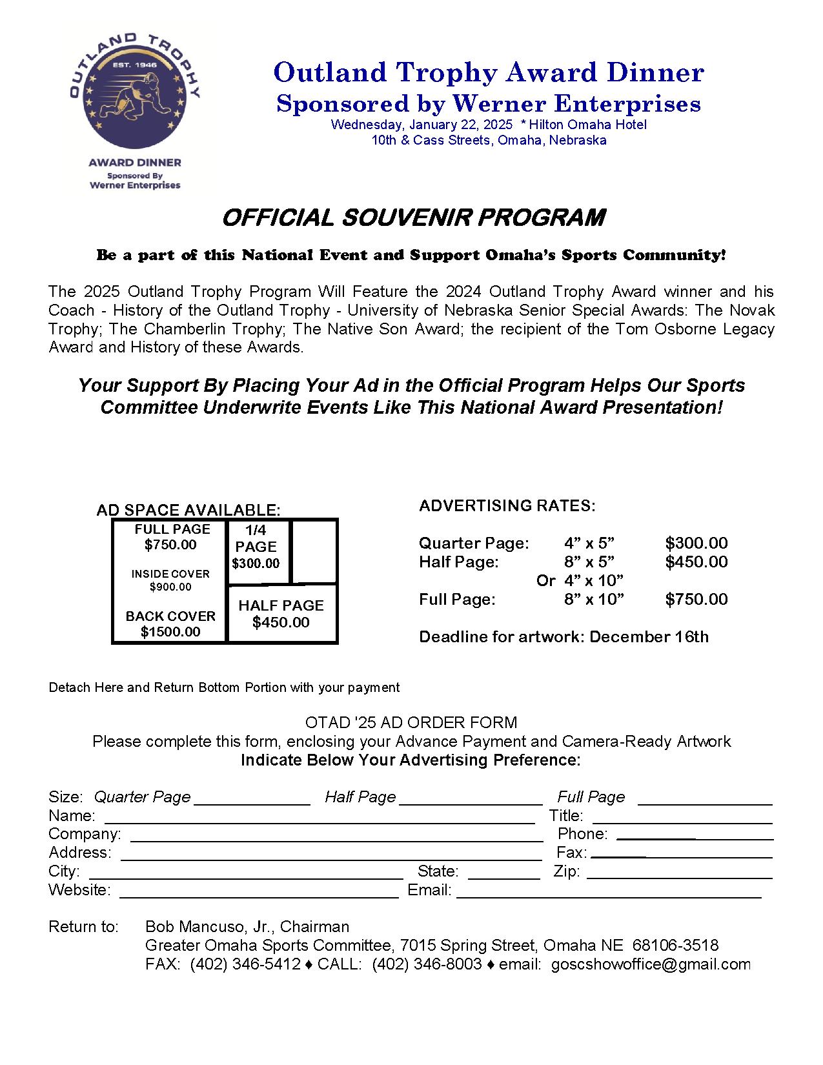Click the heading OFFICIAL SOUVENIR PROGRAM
[413, 218]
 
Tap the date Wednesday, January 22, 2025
[422, 125]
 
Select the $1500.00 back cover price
[170, 632]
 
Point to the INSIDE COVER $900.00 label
[170, 580]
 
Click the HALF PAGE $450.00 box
[281, 614]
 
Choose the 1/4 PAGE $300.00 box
[256, 547]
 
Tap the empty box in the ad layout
[314, 552]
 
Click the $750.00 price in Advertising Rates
[696, 599]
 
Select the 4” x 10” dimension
[594, 580]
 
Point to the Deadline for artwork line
[564, 637]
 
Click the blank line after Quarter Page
[252, 804]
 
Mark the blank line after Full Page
[705, 804]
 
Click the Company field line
[336, 840]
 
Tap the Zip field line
[679, 878]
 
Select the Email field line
[609, 897]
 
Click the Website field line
[259, 897]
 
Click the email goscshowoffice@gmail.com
[651, 964]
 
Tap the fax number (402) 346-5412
[245, 964]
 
